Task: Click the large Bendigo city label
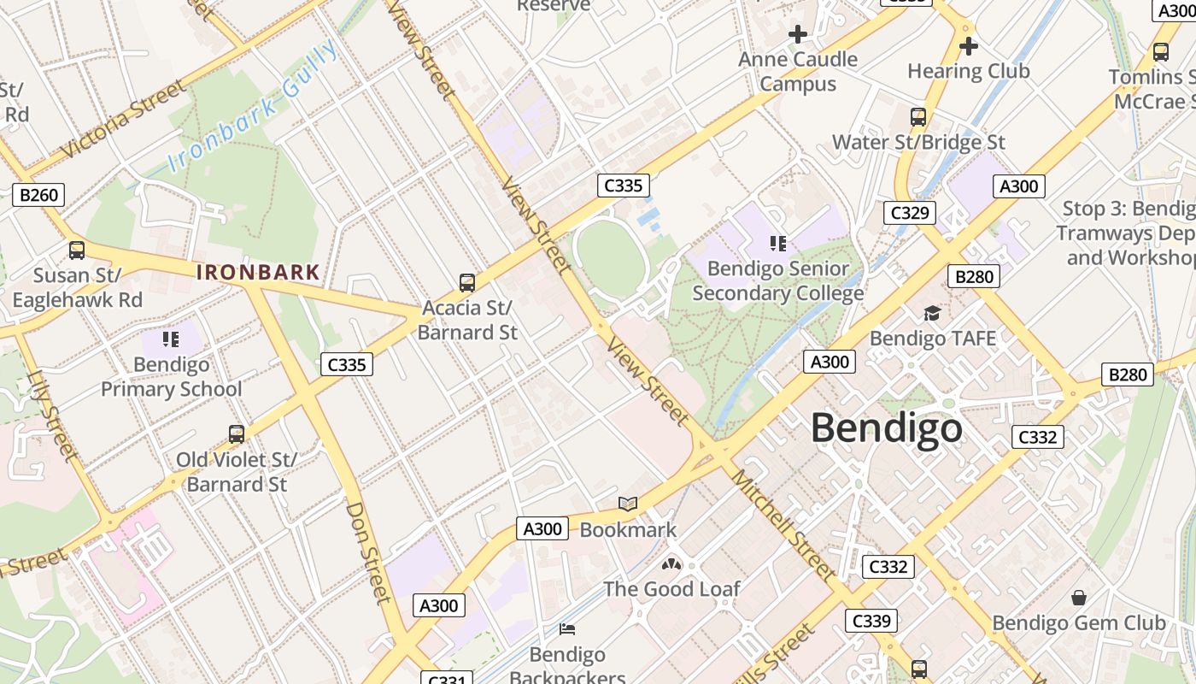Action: [x=886, y=427]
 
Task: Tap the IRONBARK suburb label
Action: [x=258, y=273]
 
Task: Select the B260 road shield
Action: [x=39, y=195]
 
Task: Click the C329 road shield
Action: [x=909, y=213]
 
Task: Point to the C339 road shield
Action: [x=871, y=621]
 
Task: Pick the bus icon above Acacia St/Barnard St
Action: [x=467, y=282]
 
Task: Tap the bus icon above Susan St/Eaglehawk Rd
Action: [x=77, y=251]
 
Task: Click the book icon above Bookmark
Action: [x=628, y=504]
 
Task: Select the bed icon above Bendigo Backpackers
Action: [x=567, y=629]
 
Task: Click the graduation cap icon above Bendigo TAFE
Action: [x=932, y=314]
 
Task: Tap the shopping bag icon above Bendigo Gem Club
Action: [x=1079, y=597]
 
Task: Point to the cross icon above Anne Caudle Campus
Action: [x=798, y=34]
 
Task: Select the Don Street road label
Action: [x=368, y=551]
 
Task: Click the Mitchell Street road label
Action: [x=783, y=526]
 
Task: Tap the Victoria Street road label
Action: [x=124, y=119]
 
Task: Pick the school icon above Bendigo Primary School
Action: [x=171, y=339]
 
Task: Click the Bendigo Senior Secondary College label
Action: [x=777, y=281]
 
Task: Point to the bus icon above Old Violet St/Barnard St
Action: [x=237, y=434]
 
